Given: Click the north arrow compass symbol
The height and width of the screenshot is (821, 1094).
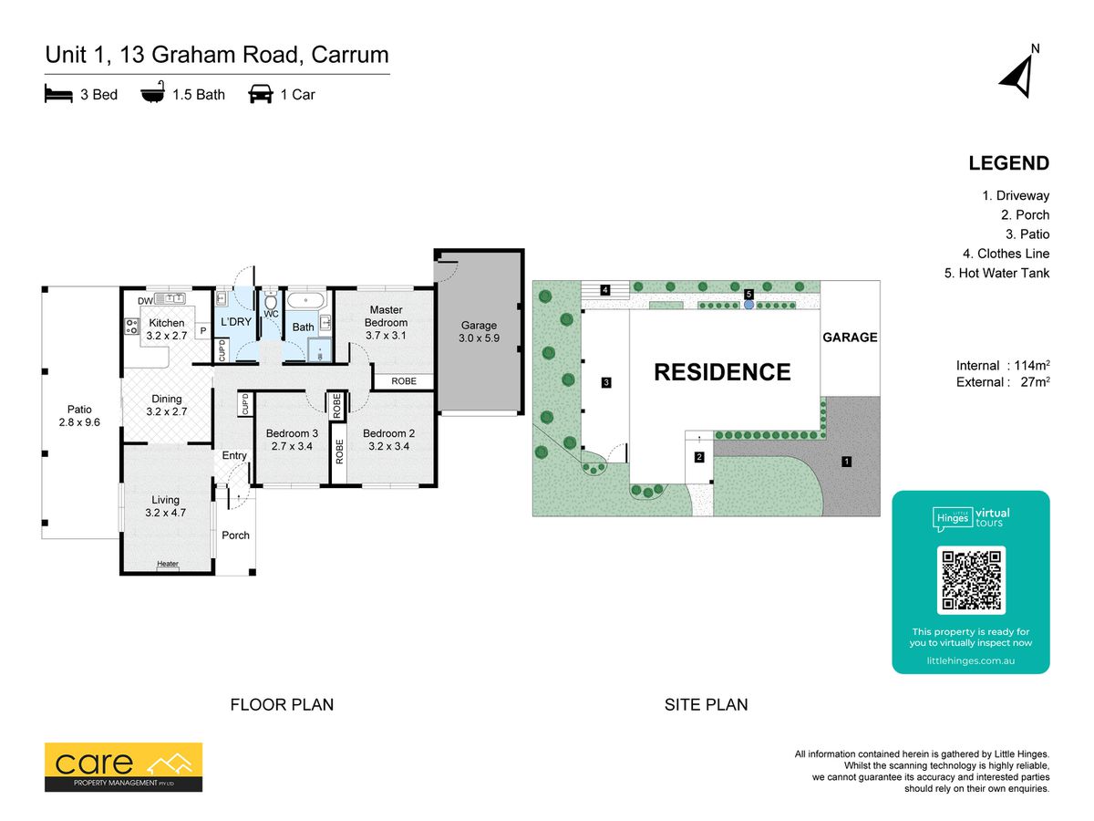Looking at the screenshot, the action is [x=1018, y=78].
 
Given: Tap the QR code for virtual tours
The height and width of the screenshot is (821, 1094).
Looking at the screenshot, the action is [x=971, y=580].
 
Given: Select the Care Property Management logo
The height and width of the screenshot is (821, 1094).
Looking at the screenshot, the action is [x=123, y=767].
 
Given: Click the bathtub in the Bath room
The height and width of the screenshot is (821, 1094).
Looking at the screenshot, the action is [x=305, y=301].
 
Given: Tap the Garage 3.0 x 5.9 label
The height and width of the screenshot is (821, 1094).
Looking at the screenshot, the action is [x=479, y=331].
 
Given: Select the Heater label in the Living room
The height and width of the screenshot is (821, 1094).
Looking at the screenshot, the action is [x=168, y=563].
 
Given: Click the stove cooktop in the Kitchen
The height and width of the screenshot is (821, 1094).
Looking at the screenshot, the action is [x=132, y=327].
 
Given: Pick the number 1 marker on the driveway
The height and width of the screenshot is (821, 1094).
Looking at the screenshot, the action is [x=846, y=462].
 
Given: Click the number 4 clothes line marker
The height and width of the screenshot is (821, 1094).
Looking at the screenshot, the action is [x=605, y=289].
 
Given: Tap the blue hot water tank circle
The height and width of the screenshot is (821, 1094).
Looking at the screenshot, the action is [x=748, y=305].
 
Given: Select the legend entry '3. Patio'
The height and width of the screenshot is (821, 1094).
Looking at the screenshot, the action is [x=1027, y=234].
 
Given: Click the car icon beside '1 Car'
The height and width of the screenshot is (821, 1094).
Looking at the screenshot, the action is [x=261, y=94].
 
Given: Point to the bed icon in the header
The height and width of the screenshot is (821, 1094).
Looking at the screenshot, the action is [x=58, y=93].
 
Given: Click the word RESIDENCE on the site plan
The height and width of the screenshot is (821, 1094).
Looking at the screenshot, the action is [x=722, y=372].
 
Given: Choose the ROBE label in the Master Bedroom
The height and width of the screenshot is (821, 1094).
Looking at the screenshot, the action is [x=404, y=381].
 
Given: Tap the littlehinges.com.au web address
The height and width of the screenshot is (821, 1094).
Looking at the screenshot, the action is [x=970, y=660].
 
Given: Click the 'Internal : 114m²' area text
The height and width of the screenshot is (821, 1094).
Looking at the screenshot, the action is [x=1003, y=366].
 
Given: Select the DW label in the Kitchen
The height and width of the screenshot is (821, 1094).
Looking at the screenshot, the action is [x=145, y=301].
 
